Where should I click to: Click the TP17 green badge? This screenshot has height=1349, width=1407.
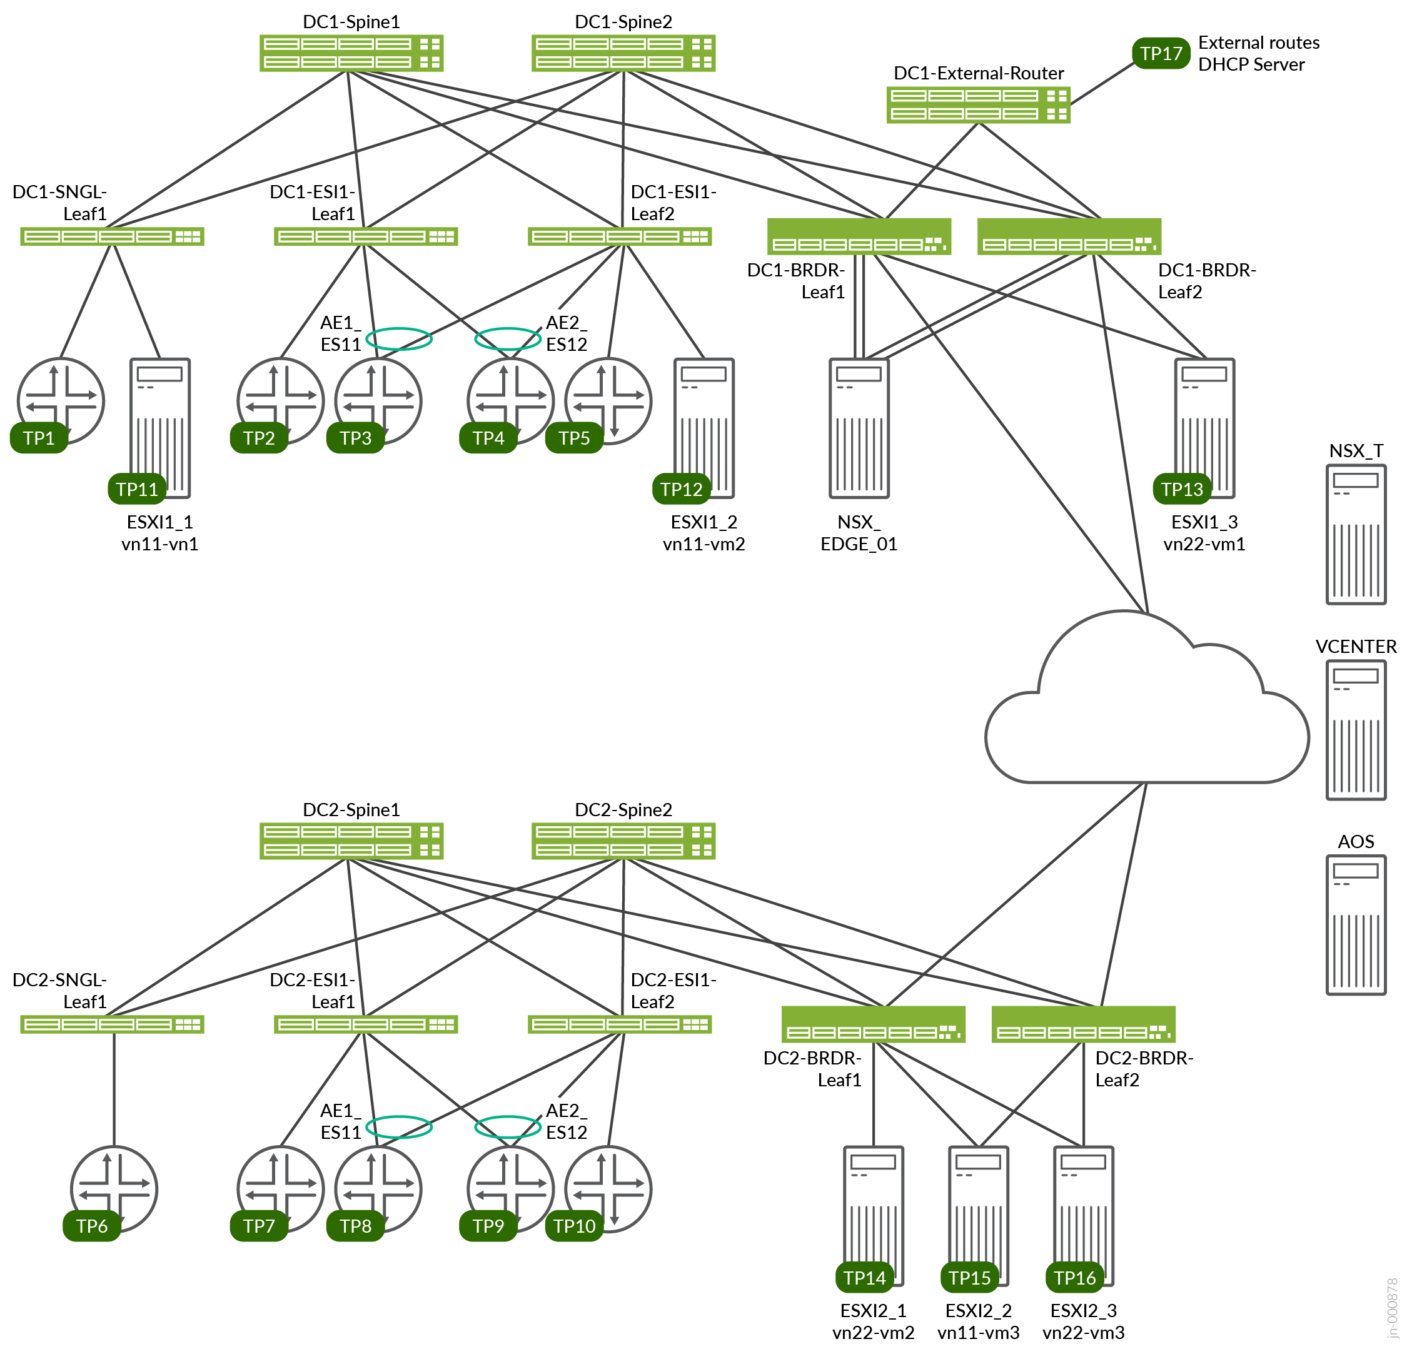pyautogui.click(x=1161, y=54)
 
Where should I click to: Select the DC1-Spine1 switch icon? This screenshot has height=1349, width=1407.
pyautogui.click(x=351, y=53)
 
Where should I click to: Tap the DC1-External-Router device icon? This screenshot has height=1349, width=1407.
pyautogui.click(x=978, y=105)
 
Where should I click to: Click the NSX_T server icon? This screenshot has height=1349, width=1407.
pyautogui.click(x=1355, y=535)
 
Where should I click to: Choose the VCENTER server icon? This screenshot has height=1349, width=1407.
pyautogui.click(x=1355, y=730)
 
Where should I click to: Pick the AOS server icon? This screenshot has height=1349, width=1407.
pyautogui.click(x=1355, y=926)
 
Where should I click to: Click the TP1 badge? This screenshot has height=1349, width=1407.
pyautogui.click(x=39, y=438)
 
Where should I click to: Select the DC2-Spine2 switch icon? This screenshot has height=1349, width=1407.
pyautogui.click(x=623, y=841)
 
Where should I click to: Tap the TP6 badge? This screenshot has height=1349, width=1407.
pyautogui.click(x=92, y=1226)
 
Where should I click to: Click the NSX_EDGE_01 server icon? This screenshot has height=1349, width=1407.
pyautogui.click(x=859, y=428)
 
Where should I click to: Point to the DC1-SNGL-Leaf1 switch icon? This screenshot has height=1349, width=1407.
pyautogui.click(x=112, y=236)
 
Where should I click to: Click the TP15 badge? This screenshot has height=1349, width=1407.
pyautogui.click(x=969, y=1277)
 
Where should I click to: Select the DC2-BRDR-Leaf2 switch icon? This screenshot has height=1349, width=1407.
pyautogui.click(x=1082, y=1024)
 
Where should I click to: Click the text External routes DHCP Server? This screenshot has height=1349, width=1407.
pyautogui.click(x=1258, y=54)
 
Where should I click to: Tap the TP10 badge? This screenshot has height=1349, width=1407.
pyautogui.click(x=574, y=1226)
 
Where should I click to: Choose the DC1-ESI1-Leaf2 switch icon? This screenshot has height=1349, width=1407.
pyautogui.click(x=620, y=236)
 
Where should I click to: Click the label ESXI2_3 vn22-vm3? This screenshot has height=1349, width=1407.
pyautogui.click(x=1082, y=1321)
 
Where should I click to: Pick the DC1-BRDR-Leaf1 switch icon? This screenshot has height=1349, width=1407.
pyautogui.click(x=859, y=237)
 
